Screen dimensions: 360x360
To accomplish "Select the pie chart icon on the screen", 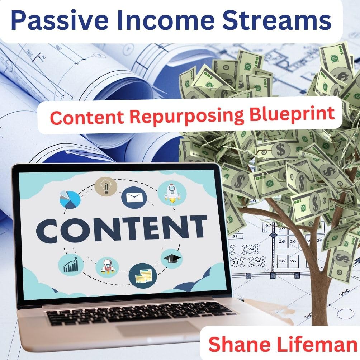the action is click(70, 199).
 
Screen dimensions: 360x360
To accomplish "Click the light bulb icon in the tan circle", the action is click(106, 187).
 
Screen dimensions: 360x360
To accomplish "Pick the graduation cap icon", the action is click(172, 259).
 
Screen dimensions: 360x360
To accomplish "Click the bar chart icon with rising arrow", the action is click(71, 265).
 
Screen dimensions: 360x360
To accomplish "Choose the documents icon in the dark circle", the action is click(143, 275).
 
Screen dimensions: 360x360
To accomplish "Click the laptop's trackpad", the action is click(158, 329).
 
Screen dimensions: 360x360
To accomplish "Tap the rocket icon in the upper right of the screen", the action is click(172, 194).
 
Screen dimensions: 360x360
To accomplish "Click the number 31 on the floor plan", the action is click(235, 236).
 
